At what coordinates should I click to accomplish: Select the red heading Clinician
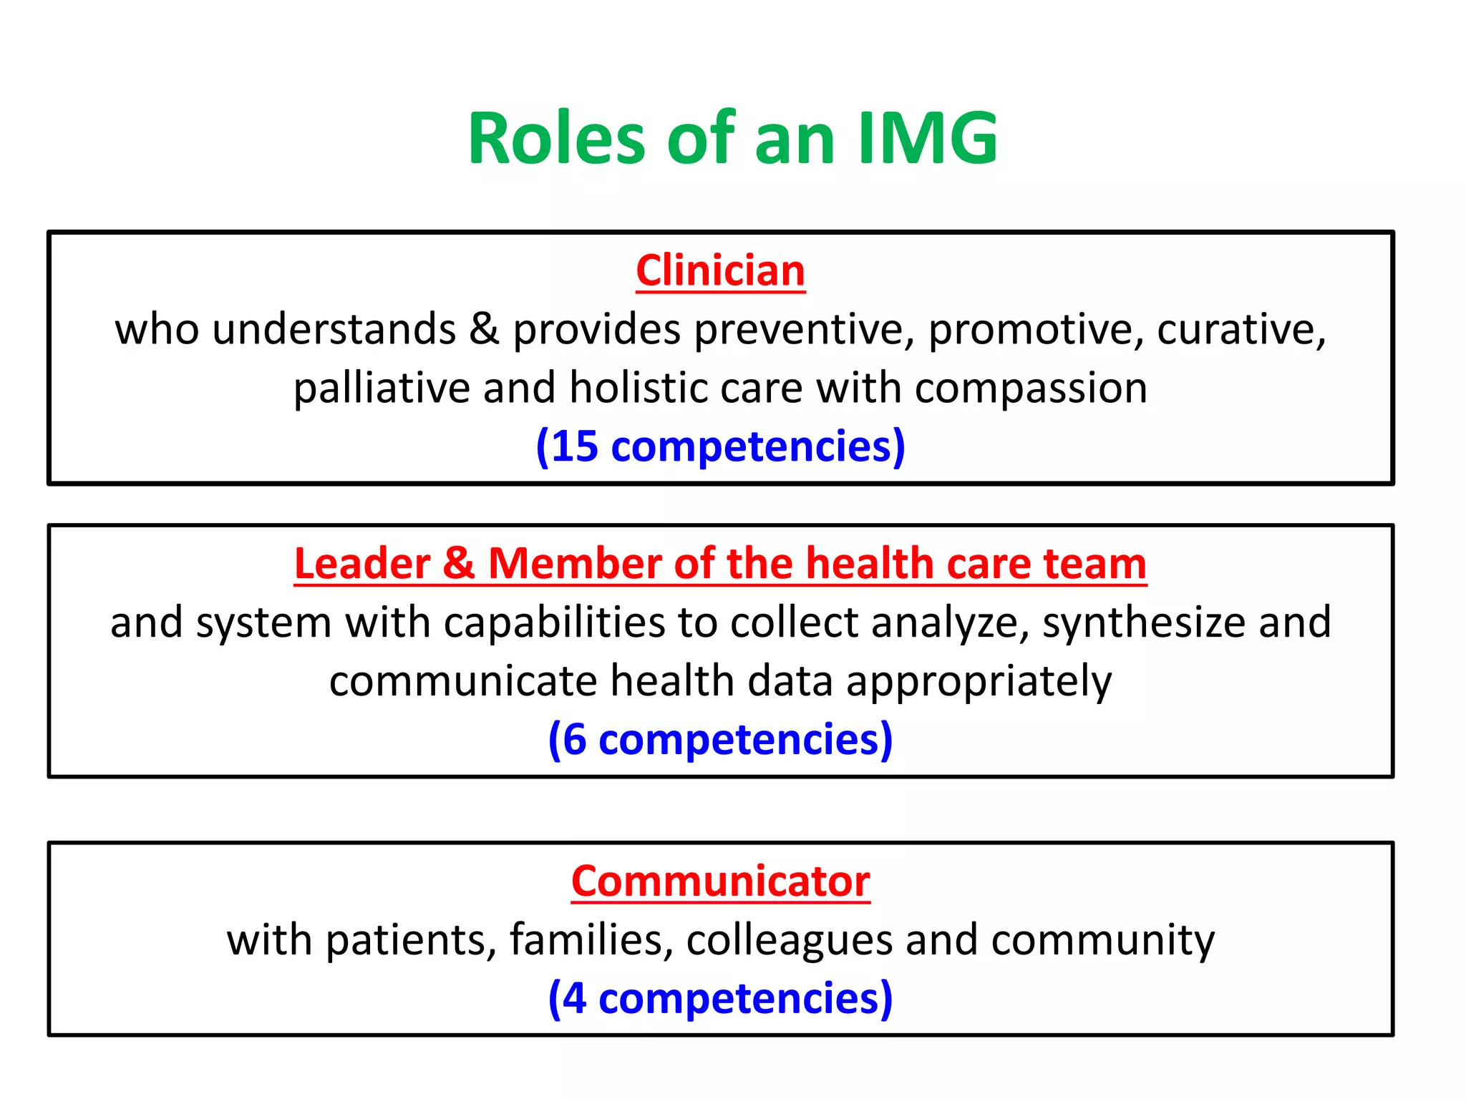pos(720,271)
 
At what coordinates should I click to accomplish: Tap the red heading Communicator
pos(720,881)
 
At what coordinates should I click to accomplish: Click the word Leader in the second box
pos(362,564)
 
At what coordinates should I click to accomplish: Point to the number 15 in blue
pos(575,446)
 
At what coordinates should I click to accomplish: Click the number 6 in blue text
pos(574,739)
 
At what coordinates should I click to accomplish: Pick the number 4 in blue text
pos(574,998)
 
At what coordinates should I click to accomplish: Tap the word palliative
pos(381,389)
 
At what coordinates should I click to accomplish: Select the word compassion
pos(1031,389)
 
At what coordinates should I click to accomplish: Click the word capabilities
pos(554,622)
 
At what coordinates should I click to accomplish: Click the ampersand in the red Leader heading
pos(459,564)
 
